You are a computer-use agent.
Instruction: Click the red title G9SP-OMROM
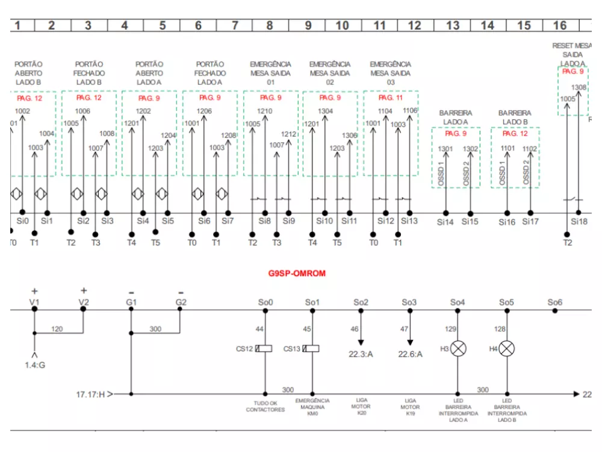[x=297, y=273]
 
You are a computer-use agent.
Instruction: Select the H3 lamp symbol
[x=458, y=348]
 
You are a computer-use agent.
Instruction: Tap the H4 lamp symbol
[x=507, y=348]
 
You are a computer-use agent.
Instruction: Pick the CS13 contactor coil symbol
[x=312, y=348]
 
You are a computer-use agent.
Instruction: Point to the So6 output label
[x=555, y=302]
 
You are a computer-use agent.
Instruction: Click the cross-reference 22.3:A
[x=361, y=354]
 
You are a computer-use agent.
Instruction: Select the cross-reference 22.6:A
[x=410, y=354]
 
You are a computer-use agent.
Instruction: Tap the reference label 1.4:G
[x=34, y=365]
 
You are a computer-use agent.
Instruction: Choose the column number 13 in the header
[x=452, y=25]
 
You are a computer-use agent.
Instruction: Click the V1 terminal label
[x=34, y=302]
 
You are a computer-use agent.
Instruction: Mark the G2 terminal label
[x=181, y=302]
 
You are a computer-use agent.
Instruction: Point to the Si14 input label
[x=445, y=222]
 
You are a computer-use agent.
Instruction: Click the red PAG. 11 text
[x=391, y=98]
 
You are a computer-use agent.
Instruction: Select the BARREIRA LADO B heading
[x=515, y=117]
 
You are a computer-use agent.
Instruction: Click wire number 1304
[x=325, y=111]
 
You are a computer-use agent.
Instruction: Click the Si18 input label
[x=579, y=221]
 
